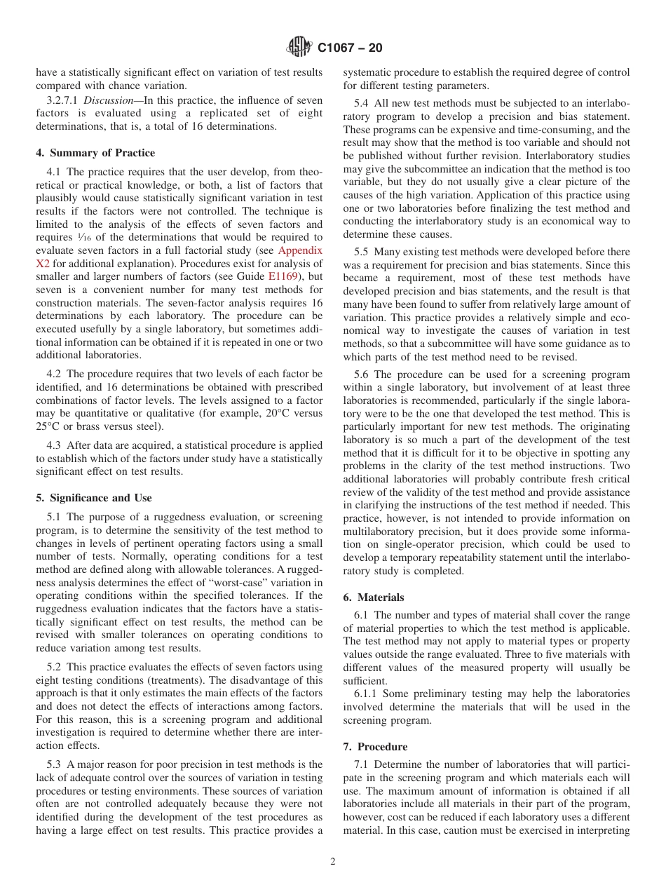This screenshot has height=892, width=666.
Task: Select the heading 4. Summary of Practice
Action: tap(95, 153)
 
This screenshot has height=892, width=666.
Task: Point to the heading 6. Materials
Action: tap(374, 597)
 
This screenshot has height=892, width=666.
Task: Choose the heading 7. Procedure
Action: tap(375, 747)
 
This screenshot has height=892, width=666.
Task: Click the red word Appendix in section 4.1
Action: tap(300, 250)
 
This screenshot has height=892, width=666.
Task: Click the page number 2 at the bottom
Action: tap(333, 862)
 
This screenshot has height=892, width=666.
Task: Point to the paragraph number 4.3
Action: tap(55, 445)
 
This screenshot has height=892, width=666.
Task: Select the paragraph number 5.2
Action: tap(55, 667)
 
